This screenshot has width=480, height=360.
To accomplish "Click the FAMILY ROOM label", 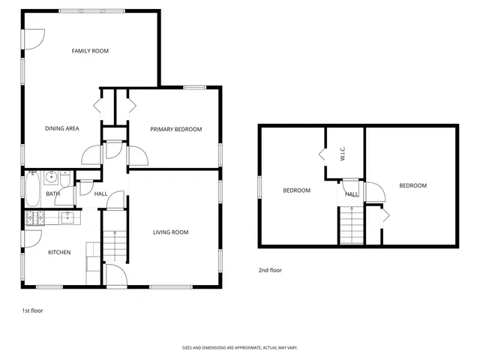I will coord(90,51).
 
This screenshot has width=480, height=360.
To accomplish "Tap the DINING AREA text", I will coord(61,128).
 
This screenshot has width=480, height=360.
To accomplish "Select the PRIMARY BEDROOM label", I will coord(175,129).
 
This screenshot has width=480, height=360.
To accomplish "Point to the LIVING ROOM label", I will coord(170,232).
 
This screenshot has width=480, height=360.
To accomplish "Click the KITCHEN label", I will coord(59,252).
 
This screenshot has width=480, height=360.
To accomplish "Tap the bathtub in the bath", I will coord(33,189).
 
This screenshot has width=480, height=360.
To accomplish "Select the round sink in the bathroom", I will coord(52,178).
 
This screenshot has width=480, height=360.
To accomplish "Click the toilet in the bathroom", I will coord(66,180).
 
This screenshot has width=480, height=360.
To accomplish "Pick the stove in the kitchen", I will coord(34,218).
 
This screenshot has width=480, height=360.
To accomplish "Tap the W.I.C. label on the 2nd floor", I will coord(342,154).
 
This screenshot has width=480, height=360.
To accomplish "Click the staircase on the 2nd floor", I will coord(351,226).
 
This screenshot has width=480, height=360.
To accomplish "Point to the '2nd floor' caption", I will coord(270,270).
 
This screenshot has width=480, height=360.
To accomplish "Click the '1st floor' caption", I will coord(32,310).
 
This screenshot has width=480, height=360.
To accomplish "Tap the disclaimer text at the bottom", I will coord(239,347).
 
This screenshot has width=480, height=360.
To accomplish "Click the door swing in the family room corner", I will coord(36,36).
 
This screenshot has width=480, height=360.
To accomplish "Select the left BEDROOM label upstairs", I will coord(296,190).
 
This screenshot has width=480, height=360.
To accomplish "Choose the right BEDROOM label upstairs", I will coord(412,185).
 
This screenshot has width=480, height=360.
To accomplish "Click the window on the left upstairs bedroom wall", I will coord(259,186).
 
